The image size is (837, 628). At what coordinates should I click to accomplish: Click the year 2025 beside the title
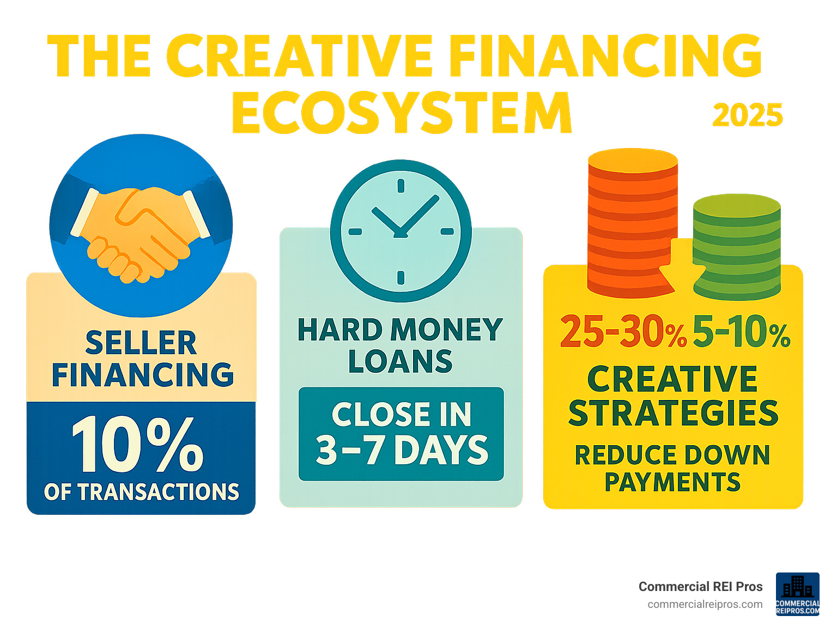(x=747, y=115)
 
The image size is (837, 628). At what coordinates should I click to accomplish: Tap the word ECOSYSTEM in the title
(x=402, y=113)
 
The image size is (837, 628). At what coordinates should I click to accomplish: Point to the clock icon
(x=401, y=230)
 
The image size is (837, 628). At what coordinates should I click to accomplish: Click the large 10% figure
(x=137, y=445)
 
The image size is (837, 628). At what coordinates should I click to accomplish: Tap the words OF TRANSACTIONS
(x=141, y=492)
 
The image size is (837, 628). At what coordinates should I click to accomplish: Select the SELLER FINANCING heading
(x=142, y=359)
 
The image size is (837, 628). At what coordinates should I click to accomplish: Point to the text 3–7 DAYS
(x=402, y=451)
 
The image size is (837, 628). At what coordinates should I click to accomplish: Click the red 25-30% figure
(x=622, y=332)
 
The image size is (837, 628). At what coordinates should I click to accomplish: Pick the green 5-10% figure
(x=741, y=332)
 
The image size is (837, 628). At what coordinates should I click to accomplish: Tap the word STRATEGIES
(x=673, y=414)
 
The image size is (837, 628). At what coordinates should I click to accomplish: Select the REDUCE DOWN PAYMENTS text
(x=672, y=469)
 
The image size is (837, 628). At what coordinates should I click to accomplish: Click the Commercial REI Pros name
(x=700, y=587)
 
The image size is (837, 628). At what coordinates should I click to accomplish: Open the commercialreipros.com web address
(x=705, y=604)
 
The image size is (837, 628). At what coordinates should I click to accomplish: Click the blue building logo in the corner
(x=797, y=594)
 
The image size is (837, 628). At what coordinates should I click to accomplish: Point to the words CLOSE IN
(x=402, y=415)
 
